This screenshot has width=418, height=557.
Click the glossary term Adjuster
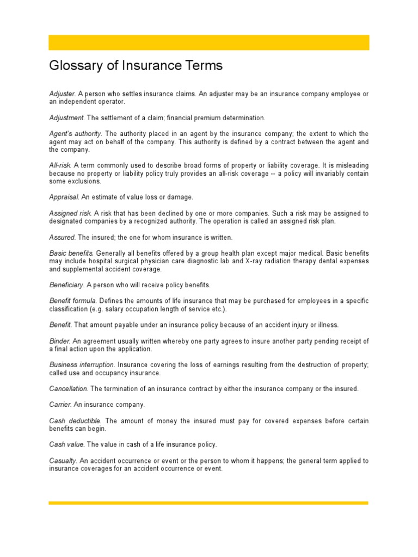pos(61,94)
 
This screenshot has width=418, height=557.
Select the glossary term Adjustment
pos(66,117)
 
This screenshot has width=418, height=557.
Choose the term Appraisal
pos(64,197)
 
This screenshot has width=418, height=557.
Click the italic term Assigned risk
pos(70,213)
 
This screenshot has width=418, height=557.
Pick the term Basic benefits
pos(71,253)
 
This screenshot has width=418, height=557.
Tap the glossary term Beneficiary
pos(66,285)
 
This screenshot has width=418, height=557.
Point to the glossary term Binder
pos(59,341)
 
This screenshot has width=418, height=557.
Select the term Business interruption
pos(82,364)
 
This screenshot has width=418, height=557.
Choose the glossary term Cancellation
pos(68,389)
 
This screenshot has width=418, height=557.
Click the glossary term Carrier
pos(60,405)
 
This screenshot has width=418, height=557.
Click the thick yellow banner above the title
pos(209,42)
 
